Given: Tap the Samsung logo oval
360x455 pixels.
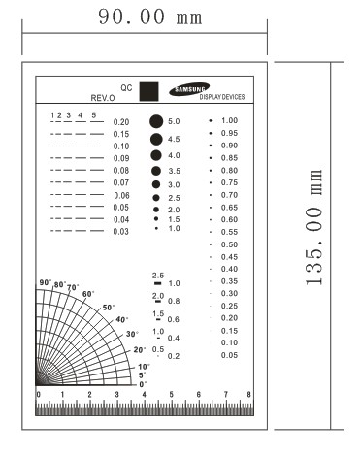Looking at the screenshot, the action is coord(189,90).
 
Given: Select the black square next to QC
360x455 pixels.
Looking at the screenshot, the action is coord(148,92).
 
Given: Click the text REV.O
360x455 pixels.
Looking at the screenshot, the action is coord(103,99).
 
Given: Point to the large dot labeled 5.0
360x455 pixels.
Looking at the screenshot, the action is coord(155,122).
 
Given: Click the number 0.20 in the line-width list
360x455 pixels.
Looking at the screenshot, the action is coord(120,122).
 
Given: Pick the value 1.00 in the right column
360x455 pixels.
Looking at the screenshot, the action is coord(229,120).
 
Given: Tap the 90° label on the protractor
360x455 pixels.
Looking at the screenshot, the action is coord(45,283).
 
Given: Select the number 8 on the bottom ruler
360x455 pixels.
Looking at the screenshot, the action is coord(249,396).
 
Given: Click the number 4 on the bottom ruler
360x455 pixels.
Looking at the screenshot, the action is coord(144,396).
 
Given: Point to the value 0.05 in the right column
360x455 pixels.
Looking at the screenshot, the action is coord(229,355).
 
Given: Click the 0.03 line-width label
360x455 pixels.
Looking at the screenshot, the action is coord(120,232).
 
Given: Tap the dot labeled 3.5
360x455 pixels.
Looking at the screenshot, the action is coord(155,171).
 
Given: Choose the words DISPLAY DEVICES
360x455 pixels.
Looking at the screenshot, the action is coord(221,98).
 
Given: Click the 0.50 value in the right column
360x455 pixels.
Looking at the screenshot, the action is coord(229,244).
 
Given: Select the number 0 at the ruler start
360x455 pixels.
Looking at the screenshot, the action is coord(38,396).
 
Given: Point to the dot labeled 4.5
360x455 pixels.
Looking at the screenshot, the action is coord(155,140).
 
